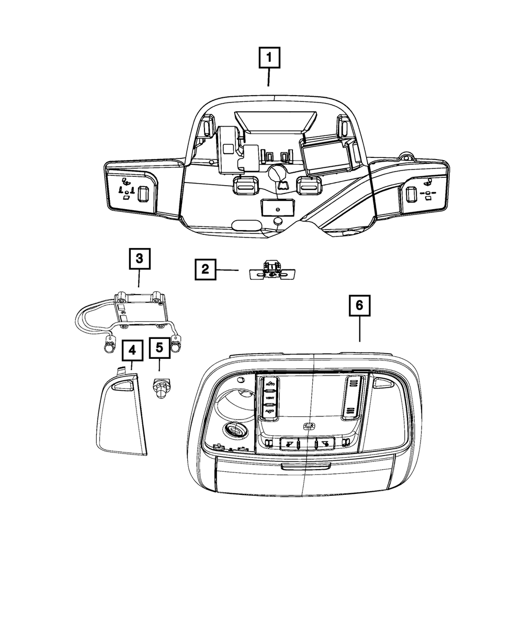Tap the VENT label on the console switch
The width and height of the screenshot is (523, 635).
(x=270, y=399)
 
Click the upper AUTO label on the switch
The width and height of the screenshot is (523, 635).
(x=270, y=384)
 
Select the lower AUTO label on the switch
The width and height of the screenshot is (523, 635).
(x=270, y=412)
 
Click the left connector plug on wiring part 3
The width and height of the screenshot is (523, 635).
(x=110, y=346)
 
